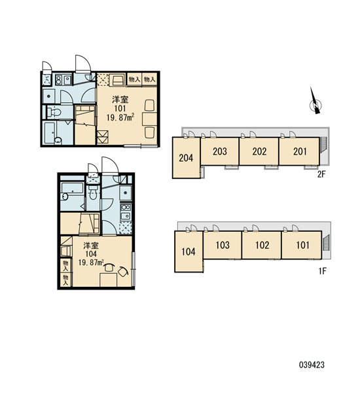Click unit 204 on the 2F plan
pos(186,158)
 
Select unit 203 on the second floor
pos(220,151)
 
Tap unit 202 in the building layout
pos(259,151)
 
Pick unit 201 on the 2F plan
pos(299,151)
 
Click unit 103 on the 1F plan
pos(223,245)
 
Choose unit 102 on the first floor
pos(262,245)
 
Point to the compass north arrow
pos(315,102)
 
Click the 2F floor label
pos(321,174)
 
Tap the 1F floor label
pos(323,271)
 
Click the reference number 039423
pos(312,365)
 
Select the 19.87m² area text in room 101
pos(120,117)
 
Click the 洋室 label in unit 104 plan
pos(91,246)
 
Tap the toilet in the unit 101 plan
pos(54,112)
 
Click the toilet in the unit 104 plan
pos(93,193)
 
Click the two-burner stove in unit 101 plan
pos(59,80)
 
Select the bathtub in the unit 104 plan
pos(72,191)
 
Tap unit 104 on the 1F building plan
pos(189,252)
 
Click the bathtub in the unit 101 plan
pos(52,134)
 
